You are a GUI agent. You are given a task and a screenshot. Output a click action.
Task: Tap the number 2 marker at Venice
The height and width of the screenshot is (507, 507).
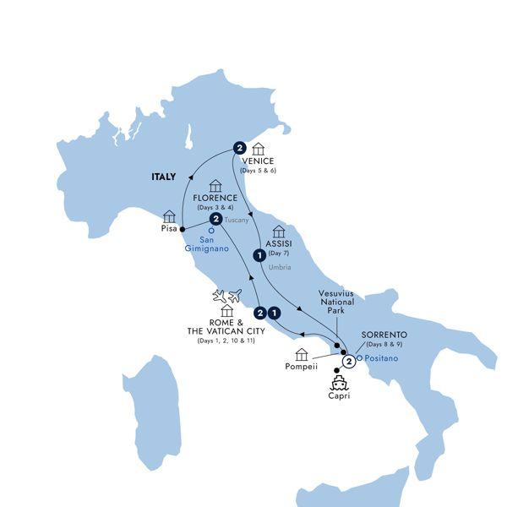(240, 146)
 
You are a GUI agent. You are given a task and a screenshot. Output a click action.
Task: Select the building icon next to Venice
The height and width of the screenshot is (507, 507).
(259, 149)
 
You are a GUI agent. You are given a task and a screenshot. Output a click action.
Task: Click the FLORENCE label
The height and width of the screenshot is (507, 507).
(215, 199)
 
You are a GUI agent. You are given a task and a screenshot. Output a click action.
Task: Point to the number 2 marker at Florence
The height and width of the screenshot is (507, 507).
(215, 220)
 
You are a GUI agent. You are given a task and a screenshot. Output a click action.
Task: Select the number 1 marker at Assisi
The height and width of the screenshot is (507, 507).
(258, 253)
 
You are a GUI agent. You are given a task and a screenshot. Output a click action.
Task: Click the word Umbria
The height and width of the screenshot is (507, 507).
(280, 267)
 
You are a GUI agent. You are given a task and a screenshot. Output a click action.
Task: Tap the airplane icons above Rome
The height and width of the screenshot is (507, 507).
(227, 296)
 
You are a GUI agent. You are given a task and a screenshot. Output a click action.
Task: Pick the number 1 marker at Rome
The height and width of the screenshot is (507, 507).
(275, 312)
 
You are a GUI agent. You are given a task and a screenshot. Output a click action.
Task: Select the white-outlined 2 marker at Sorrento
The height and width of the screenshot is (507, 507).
(348, 363)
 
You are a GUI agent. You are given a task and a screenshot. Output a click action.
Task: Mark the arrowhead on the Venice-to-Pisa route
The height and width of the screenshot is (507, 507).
(188, 177)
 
